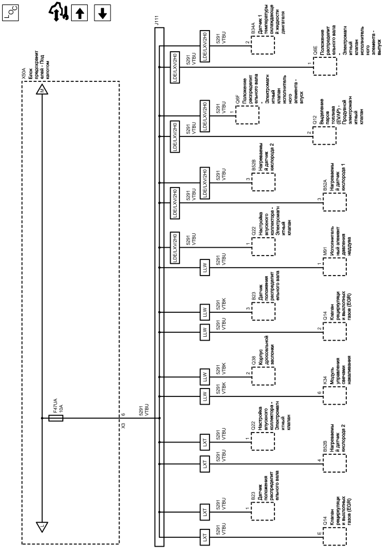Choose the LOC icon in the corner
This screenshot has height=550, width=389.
[12, 12]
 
